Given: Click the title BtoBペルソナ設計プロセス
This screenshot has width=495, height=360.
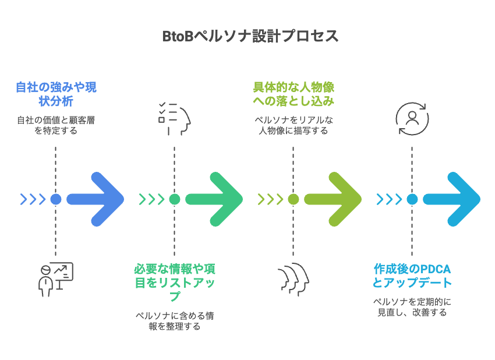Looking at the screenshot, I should click(250, 36).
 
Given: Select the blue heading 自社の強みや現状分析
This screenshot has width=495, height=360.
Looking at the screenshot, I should click(56, 94).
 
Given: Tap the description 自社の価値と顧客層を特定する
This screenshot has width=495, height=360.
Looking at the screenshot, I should click(56, 126).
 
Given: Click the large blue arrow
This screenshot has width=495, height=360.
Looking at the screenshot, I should click(96, 199).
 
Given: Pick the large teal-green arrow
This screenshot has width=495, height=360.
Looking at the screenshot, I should click(214, 199).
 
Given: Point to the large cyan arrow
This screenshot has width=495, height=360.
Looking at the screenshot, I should click(452, 199).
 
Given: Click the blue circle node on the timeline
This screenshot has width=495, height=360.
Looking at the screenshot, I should click(56, 199).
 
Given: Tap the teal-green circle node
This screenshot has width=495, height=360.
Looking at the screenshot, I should click(175, 199).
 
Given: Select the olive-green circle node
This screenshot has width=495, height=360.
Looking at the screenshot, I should click(294, 199).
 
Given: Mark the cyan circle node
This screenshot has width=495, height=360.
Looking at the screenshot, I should click(412, 199).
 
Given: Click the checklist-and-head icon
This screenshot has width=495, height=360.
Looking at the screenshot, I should click(175, 118).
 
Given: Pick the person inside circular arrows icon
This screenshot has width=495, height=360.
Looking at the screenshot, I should click(412, 119).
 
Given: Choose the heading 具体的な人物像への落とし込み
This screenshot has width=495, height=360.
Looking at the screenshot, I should click(294, 94).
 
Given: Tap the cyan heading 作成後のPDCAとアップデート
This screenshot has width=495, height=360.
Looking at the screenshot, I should click(412, 276).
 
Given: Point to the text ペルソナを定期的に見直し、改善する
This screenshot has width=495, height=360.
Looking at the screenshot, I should click(412, 307).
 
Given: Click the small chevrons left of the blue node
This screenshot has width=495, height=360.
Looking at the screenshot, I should click(33, 199).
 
